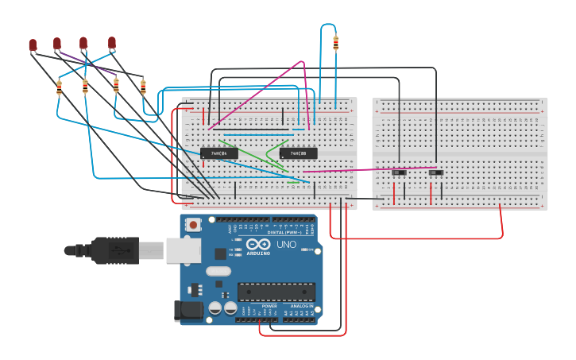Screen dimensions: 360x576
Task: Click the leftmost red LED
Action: (33, 45)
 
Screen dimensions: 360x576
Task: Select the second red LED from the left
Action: (57, 43)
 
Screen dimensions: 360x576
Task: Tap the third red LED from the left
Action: (83, 43)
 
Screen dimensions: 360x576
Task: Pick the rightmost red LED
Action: (112, 43)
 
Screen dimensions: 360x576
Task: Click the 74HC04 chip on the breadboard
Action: (218, 153)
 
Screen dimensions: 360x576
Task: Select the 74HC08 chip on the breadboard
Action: (298, 153)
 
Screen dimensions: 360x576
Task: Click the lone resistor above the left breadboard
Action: (335, 44)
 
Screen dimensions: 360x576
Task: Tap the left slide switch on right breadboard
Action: (399, 172)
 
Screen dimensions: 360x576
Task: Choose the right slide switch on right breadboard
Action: (435, 172)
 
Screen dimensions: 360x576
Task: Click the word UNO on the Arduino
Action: (286, 244)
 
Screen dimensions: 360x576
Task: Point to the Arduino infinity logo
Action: (257, 244)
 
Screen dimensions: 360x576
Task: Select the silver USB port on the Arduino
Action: (182, 250)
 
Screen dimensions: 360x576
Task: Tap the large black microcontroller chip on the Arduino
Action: (276, 292)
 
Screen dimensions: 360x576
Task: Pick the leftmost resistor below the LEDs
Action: (59, 88)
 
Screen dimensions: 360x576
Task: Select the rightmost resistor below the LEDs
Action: (143, 87)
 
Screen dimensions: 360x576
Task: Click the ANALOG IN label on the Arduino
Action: (299, 306)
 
